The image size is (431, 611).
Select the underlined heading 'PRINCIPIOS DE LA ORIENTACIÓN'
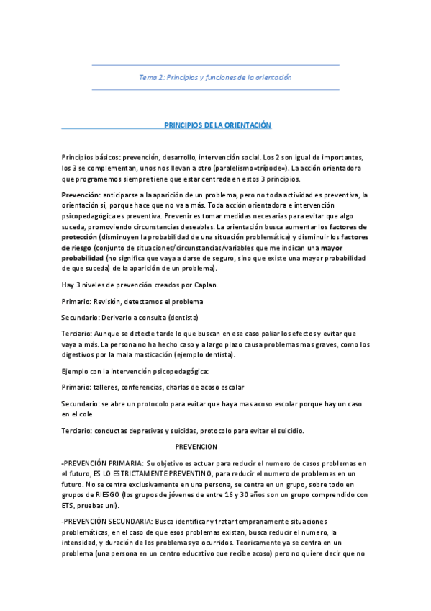217,125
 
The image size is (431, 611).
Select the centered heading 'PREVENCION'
216,447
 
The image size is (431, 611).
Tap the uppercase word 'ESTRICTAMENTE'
150,474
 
